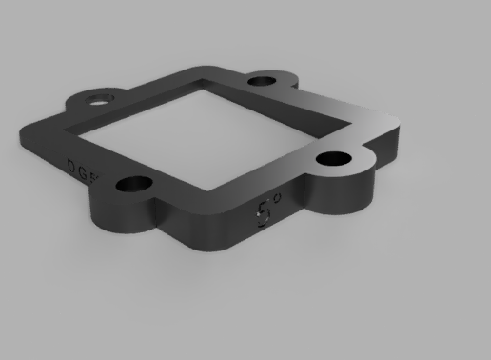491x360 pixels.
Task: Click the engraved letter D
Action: point(71,163)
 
